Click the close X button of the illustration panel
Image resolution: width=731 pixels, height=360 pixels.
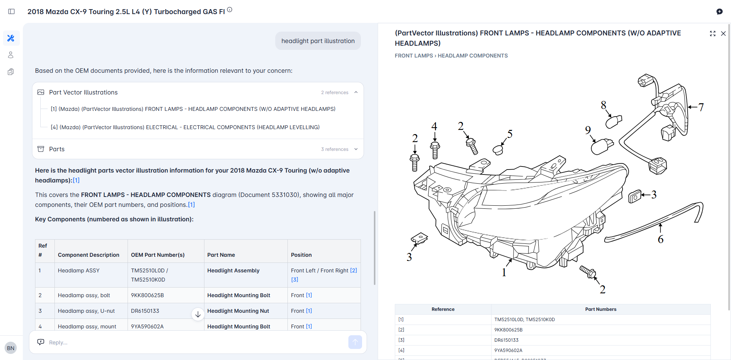pyautogui.click(x=723, y=34)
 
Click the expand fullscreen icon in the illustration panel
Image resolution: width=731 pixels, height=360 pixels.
pyautogui.click(x=713, y=34)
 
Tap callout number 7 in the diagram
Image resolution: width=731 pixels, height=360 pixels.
pyautogui.click(x=701, y=107)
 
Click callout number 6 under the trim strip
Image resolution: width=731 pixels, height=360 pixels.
pyautogui.click(x=661, y=239)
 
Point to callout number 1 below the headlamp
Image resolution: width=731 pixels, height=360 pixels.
pyautogui.click(x=504, y=272)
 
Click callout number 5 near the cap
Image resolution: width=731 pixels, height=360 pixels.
pyautogui.click(x=510, y=134)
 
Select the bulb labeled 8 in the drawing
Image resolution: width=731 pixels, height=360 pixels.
pyautogui.click(x=613, y=122)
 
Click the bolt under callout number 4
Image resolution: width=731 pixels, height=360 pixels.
pyautogui.click(x=435, y=150)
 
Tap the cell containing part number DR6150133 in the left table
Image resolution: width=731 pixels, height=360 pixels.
pyautogui.click(x=145, y=311)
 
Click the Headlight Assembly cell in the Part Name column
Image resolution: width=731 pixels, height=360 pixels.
pyautogui.click(x=233, y=270)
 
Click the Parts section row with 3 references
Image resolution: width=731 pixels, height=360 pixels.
pyautogui.click(x=198, y=149)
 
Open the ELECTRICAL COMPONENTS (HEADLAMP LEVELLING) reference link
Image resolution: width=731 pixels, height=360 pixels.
pyautogui.click(x=185, y=127)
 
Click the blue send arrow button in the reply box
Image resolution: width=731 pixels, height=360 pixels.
pyautogui.click(x=355, y=342)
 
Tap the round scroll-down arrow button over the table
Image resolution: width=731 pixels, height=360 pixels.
pyautogui.click(x=198, y=314)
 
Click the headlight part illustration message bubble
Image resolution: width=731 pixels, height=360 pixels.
pyautogui.click(x=318, y=41)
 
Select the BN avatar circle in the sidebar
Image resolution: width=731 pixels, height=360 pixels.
pyautogui.click(x=11, y=348)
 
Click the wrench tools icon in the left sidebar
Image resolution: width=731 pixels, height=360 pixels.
pyautogui.click(x=11, y=38)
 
